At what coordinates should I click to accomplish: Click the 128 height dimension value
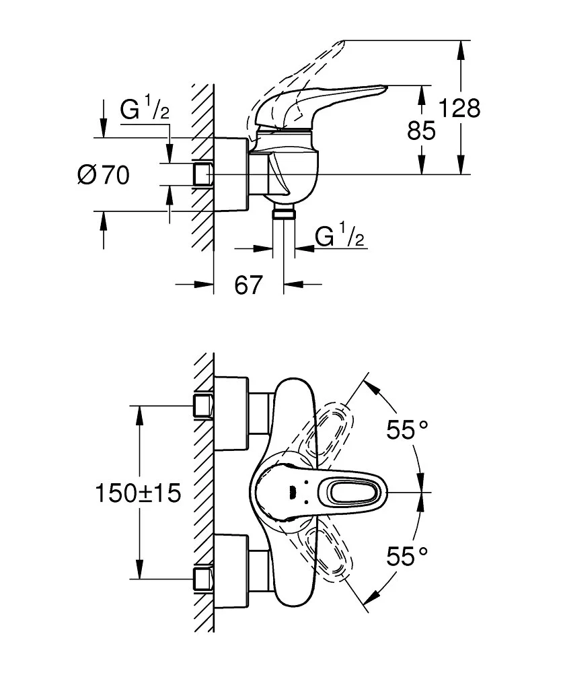459,108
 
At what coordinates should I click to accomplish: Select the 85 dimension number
422,130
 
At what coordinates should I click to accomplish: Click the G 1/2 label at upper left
144,110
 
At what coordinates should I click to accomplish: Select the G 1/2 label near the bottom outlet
340,237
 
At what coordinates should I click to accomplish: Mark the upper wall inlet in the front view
202,406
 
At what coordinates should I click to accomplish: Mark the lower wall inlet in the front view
202,578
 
